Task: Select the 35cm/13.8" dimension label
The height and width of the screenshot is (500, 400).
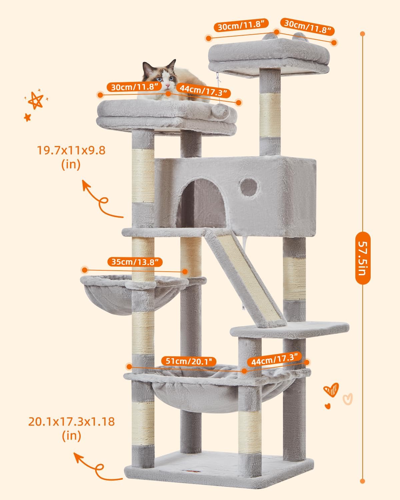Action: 135,262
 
